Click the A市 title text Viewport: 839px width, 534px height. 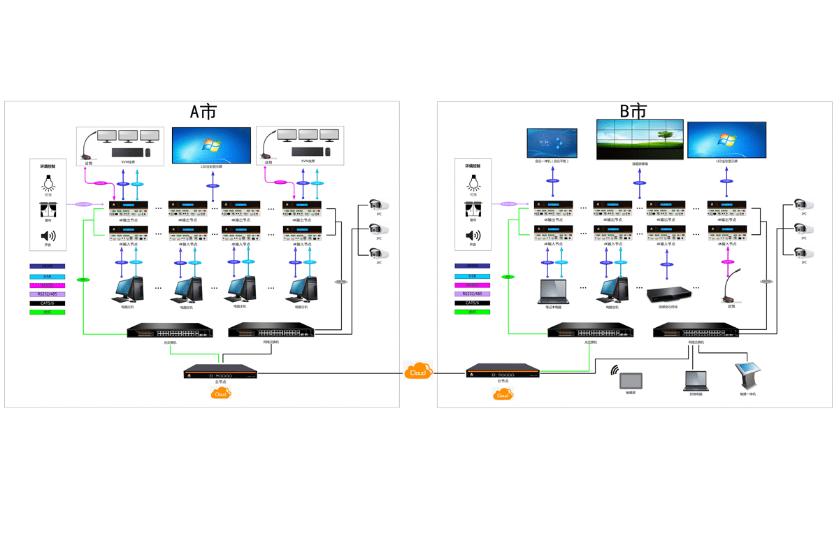[x=203, y=112]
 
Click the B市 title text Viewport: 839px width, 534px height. [x=633, y=111]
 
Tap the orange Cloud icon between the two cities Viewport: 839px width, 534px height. [x=418, y=371]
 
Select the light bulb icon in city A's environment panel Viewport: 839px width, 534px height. [x=48, y=182]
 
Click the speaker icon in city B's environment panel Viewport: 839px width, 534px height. [x=473, y=236]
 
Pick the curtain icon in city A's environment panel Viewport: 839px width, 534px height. [x=48, y=210]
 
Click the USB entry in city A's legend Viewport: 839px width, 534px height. [x=48, y=276]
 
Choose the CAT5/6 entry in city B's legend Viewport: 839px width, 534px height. [x=473, y=303]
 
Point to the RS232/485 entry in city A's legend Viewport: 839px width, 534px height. [x=48, y=294]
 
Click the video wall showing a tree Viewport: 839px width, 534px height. [x=640, y=140]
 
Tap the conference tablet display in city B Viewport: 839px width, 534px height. [x=552, y=143]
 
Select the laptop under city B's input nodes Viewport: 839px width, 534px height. [x=552, y=292]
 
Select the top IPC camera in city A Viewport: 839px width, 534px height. [x=379, y=205]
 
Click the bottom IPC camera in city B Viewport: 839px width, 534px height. [x=804, y=252]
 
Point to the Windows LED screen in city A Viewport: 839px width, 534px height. [x=211, y=145]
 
